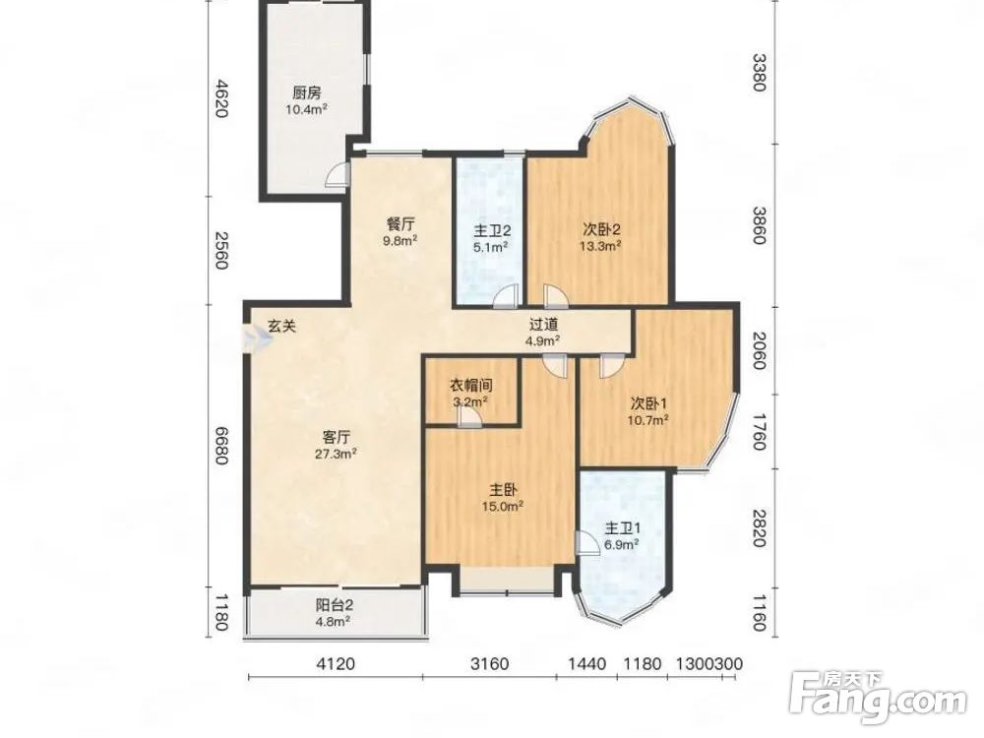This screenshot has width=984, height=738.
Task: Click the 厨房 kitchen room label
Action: pos(307,93)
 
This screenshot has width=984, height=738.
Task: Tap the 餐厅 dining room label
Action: pos(400,224)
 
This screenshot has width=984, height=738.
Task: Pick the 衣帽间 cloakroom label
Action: pos(470,386)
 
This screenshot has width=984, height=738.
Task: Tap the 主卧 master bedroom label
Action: pos(503,489)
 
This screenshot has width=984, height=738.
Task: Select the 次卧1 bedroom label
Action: pos(648,402)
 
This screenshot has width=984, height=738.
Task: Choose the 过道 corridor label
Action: pos(543,325)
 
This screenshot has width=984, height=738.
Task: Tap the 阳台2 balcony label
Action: pos(334,605)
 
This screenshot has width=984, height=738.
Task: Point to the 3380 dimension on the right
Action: pos(759,72)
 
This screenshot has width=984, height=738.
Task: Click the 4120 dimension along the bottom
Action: pos(336,663)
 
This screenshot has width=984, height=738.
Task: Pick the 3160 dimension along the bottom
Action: pos(489,663)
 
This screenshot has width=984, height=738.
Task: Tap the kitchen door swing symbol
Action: pos(337,174)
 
